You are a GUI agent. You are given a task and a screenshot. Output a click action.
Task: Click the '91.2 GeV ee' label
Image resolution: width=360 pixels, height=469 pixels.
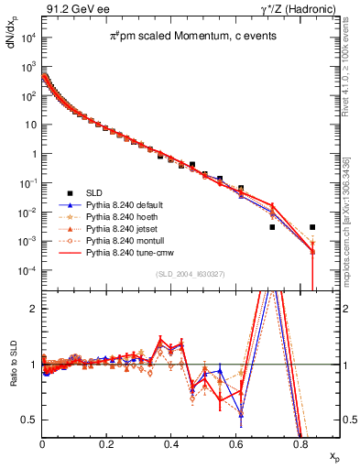(73, 8)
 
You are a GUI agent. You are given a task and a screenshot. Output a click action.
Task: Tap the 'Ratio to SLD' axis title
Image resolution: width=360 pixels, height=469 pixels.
(11, 376)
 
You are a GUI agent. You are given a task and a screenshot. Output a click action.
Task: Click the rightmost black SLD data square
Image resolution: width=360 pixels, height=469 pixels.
(312, 227)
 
